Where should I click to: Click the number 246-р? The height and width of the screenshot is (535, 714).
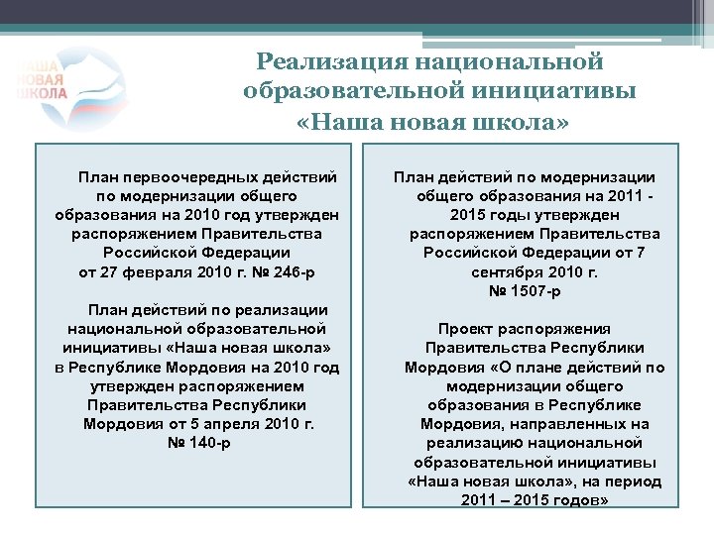point(292,271)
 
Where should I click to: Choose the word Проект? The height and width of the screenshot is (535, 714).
point(468,328)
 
